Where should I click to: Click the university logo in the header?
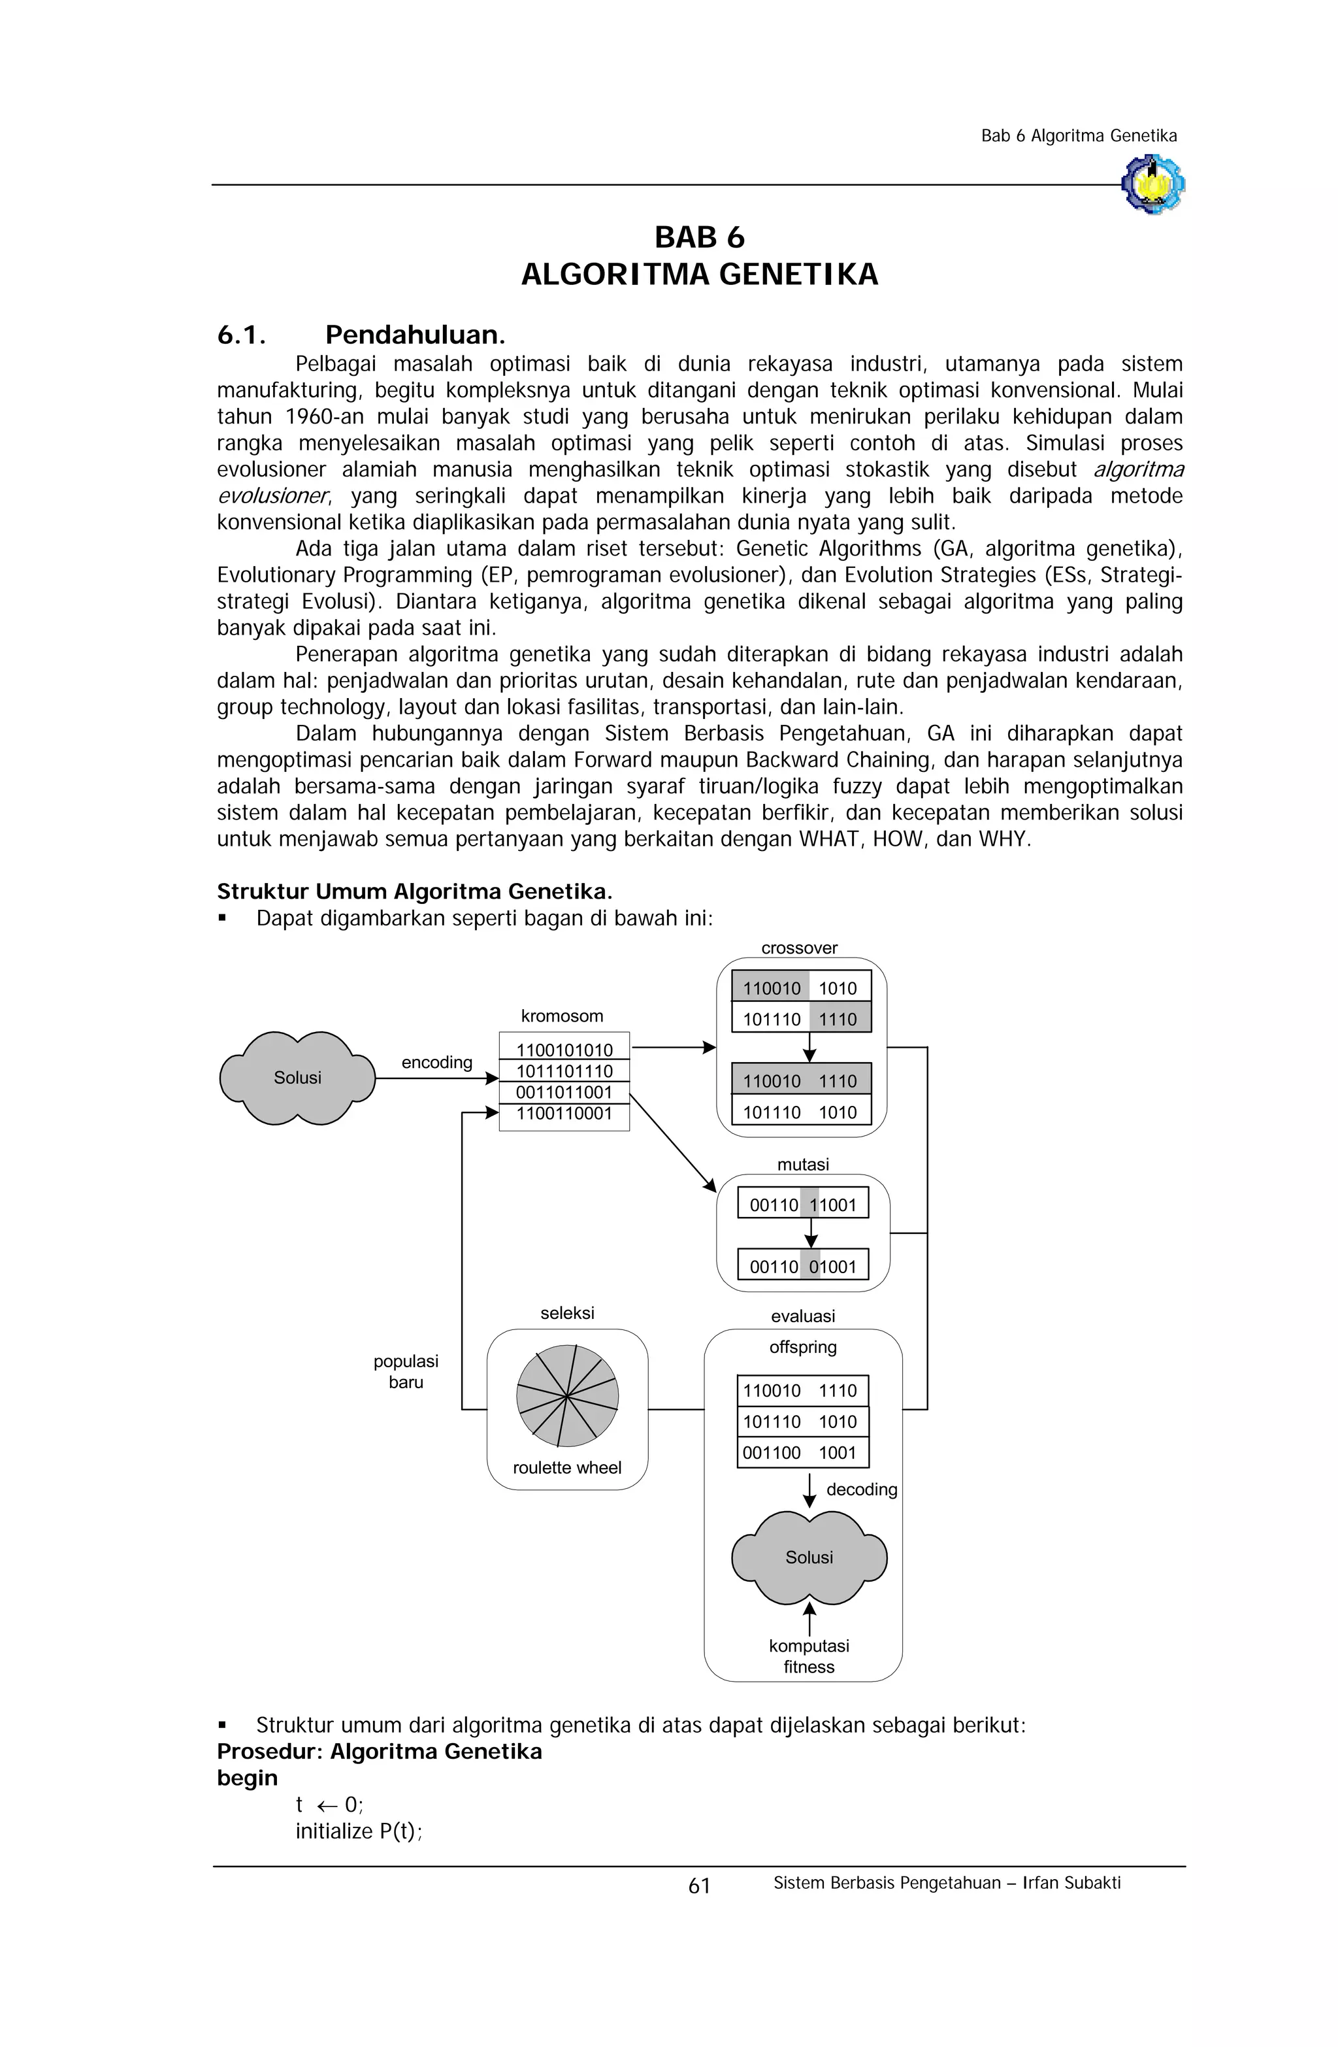pyautogui.click(x=1152, y=184)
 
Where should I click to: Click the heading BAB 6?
pyautogui.click(x=699, y=237)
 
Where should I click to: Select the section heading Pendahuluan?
pyautogui.click(x=414, y=335)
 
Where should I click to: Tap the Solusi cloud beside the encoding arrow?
pyautogui.click(x=297, y=1078)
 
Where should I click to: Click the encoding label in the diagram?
pyautogui.click(x=437, y=1062)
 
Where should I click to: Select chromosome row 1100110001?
pyautogui.click(x=564, y=1114)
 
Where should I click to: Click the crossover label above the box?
pyautogui.click(x=799, y=948)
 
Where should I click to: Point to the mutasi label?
pyautogui.click(x=803, y=1165)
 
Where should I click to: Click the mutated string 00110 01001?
pyautogui.click(x=803, y=1267)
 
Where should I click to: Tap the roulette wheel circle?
pyautogui.click(x=568, y=1395)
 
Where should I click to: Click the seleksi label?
pyautogui.click(x=568, y=1313)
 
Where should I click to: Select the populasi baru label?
pyautogui.click(x=406, y=1372)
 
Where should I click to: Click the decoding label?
pyautogui.click(x=862, y=1489)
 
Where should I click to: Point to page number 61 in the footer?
pyautogui.click(x=699, y=1886)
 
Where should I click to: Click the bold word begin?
pyautogui.click(x=248, y=1778)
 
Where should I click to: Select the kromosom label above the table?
pyautogui.click(x=563, y=1016)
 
